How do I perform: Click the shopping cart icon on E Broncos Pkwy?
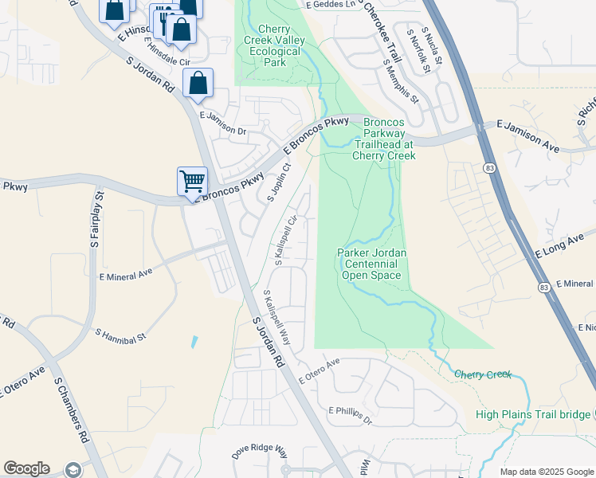point(192,181)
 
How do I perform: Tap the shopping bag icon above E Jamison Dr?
point(197,83)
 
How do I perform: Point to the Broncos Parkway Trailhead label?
point(383,139)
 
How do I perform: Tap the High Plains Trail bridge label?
point(532,414)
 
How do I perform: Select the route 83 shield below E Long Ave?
point(543,287)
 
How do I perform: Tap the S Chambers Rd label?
point(71,409)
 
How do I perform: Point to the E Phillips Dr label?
point(351,413)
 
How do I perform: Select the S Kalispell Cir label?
point(286,240)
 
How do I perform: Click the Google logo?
point(26,468)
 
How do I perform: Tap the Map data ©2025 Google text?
point(546,472)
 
